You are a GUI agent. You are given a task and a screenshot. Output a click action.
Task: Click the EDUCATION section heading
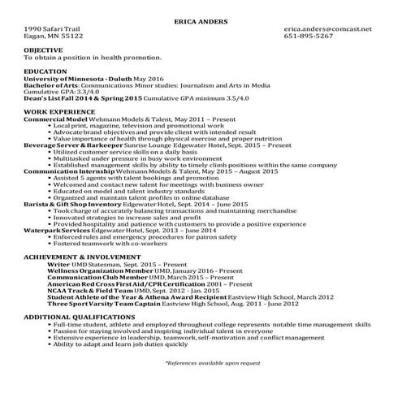point(45,71)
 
